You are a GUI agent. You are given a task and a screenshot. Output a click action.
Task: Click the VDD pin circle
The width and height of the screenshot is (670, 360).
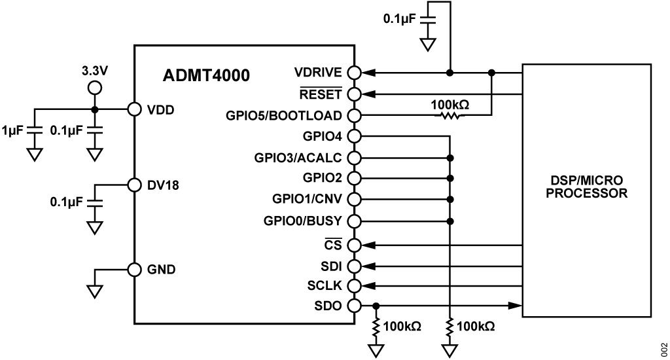coord(135,109)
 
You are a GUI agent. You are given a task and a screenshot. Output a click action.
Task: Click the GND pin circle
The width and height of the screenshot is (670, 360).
coord(135,269)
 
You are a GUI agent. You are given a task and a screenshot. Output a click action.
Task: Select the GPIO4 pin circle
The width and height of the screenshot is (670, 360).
coord(354,136)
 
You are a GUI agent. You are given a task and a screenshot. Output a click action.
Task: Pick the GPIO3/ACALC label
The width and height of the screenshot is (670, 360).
coord(299,158)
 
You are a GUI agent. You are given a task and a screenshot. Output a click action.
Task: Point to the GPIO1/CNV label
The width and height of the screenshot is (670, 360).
coord(306,198)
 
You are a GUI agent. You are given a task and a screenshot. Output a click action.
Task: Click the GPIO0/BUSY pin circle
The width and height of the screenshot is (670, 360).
coord(354,220)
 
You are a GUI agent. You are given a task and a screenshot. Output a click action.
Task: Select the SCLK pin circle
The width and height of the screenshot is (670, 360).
coord(354,286)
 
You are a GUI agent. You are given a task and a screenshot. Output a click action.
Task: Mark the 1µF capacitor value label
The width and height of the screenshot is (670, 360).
coord(12,130)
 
